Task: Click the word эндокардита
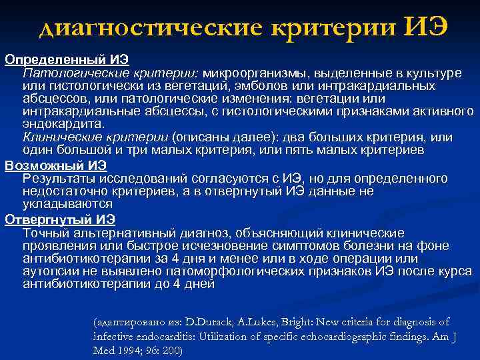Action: pyautogui.click(x=63, y=124)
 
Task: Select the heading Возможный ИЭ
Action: pyautogui.click(x=55, y=165)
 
